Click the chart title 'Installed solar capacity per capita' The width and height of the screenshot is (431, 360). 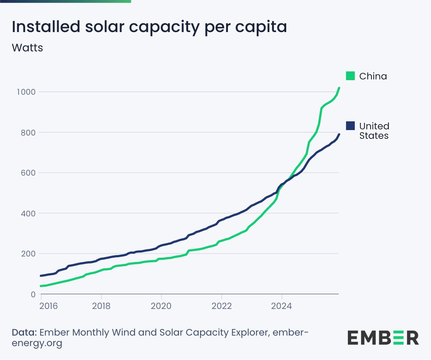(149, 27)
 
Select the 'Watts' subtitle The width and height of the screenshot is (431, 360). (27, 48)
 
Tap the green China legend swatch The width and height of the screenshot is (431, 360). (350, 76)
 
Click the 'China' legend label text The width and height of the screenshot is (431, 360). (373, 76)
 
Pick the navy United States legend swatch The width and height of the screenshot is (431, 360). (350, 126)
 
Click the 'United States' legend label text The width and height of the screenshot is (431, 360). (374, 131)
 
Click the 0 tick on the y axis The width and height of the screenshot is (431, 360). (33, 294)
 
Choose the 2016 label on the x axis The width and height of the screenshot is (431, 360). (48, 305)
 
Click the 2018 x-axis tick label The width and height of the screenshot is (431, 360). (101, 305)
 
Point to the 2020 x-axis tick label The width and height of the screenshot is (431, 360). (162, 305)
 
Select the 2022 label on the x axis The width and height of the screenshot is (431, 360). (222, 305)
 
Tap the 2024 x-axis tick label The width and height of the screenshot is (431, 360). (281, 305)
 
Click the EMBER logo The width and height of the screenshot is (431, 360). (383, 338)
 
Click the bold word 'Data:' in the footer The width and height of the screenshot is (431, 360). (24, 333)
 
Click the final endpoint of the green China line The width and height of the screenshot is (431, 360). (339, 88)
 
